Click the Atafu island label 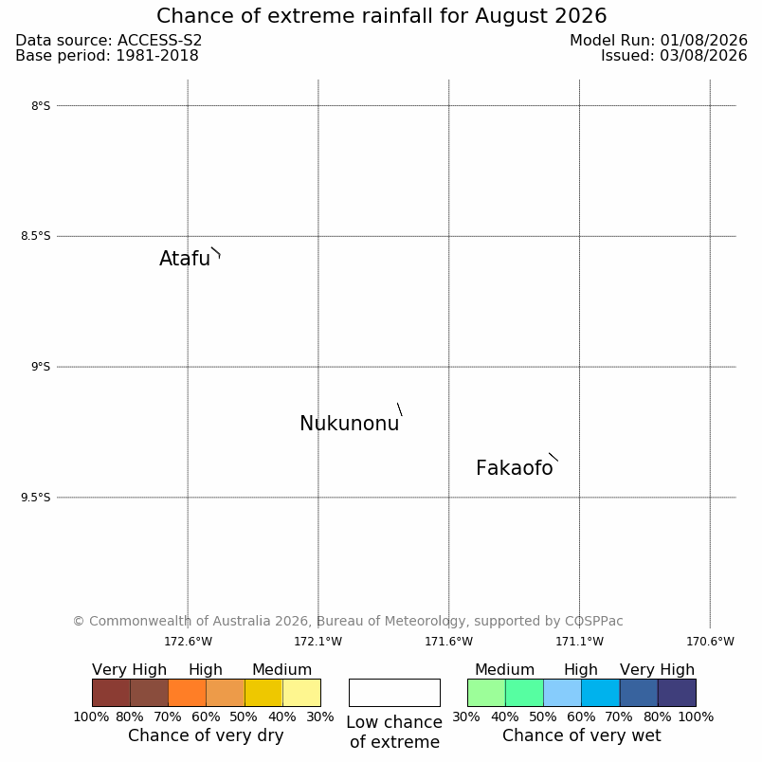[x=185, y=259]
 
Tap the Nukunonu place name [x=350, y=424]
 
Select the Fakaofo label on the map [x=514, y=468]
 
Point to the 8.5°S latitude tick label [x=35, y=236]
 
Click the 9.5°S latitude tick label [x=35, y=498]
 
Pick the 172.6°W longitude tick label [x=188, y=642]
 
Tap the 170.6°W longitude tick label [x=710, y=642]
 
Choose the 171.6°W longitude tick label [x=448, y=642]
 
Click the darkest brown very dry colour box [x=111, y=693]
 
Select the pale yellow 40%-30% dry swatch [x=301, y=693]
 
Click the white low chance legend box [x=394, y=693]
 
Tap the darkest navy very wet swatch [x=677, y=693]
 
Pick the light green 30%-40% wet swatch [x=486, y=693]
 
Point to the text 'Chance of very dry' [x=206, y=735]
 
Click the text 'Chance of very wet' [x=582, y=735]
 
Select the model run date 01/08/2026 [x=703, y=41]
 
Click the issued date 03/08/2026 [x=703, y=55]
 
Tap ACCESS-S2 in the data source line [x=159, y=41]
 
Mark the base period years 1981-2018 [x=157, y=55]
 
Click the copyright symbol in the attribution [x=79, y=621]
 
